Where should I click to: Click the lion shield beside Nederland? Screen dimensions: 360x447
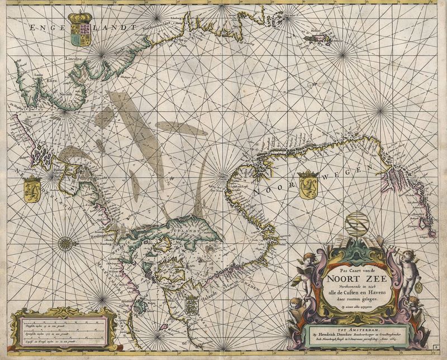(x=31, y=188)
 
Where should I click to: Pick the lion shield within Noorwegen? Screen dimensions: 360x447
(x=307, y=185)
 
